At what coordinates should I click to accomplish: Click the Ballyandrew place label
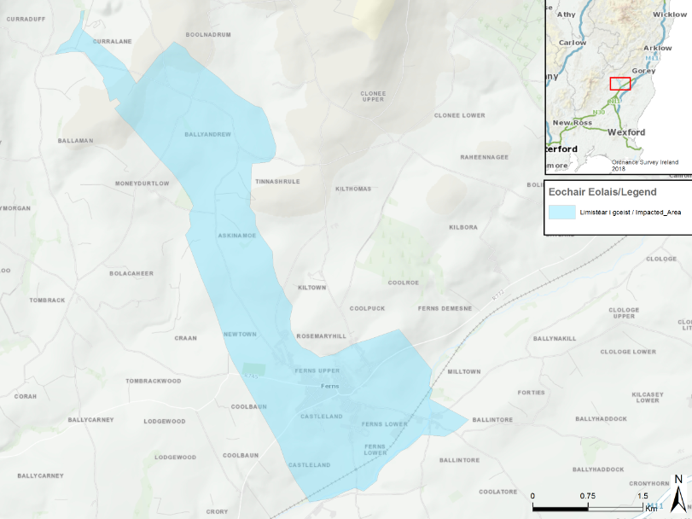pos(207,135)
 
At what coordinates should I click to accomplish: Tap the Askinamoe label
pos(236,236)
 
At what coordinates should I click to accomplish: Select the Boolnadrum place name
pos(209,34)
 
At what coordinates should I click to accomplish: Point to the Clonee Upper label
pos(373,96)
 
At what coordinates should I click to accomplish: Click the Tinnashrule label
pos(277,182)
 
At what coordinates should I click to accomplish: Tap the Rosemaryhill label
pos(321,336)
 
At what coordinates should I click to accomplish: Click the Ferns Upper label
pos(317,370)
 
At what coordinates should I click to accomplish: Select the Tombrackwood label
pos(154,381)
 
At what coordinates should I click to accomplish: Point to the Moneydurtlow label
pos(142,184)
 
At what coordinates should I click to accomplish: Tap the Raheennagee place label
pos(485,157)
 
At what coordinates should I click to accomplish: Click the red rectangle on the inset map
pos(620,84)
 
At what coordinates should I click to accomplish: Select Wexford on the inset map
pos(626,132)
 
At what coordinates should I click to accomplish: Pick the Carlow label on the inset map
pos(572,42)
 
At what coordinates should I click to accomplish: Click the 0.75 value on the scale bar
pos(587,495)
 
